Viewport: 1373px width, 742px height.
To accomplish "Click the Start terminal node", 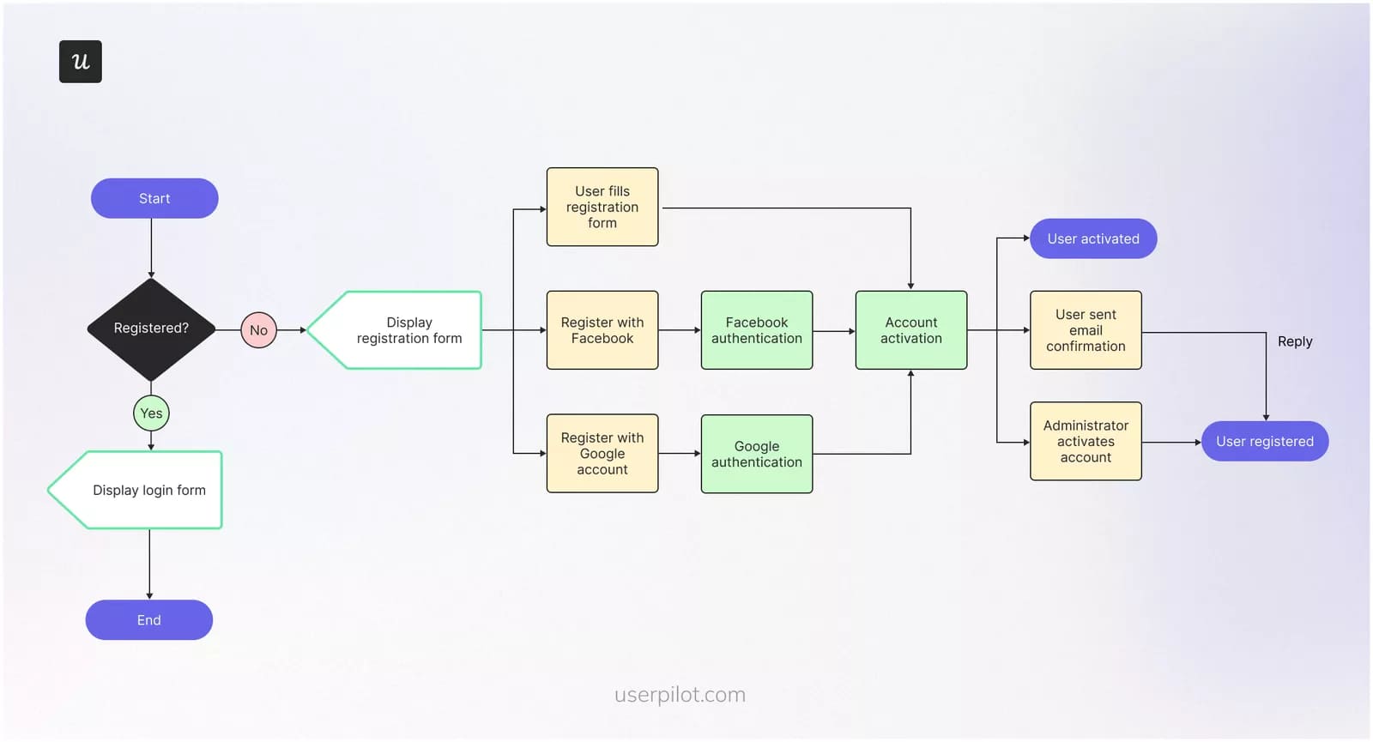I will [154, 198].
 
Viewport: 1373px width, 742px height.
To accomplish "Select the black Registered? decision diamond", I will [151, 329].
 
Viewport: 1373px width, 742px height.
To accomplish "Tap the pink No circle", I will [258, 330].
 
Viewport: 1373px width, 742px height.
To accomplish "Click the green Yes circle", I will [151, 413].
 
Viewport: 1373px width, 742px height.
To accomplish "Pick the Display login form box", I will [142, 490].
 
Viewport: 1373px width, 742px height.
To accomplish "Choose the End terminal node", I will [149, 619].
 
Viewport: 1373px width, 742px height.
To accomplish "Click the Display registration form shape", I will [403, 330].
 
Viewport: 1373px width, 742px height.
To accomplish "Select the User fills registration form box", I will [602, 207].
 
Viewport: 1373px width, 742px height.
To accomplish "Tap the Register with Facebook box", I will [602, 330].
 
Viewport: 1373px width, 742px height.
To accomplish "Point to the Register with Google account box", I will [602, 453].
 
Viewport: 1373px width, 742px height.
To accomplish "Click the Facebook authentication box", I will [757, 330].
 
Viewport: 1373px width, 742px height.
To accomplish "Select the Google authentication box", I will [757, 454].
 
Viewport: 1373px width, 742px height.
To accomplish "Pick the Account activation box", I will [911, 330].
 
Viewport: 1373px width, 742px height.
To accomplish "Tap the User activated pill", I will [1093, 238].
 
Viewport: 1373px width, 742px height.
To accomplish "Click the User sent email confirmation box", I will [1086, 330].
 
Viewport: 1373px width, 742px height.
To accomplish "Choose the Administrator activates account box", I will [1086, 441].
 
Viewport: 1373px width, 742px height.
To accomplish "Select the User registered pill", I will [1265, 441].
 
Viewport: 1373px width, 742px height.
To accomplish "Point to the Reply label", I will [1295, 341].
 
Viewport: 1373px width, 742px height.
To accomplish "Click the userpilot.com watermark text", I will [680, 694].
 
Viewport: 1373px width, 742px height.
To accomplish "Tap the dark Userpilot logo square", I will [81, 62].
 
